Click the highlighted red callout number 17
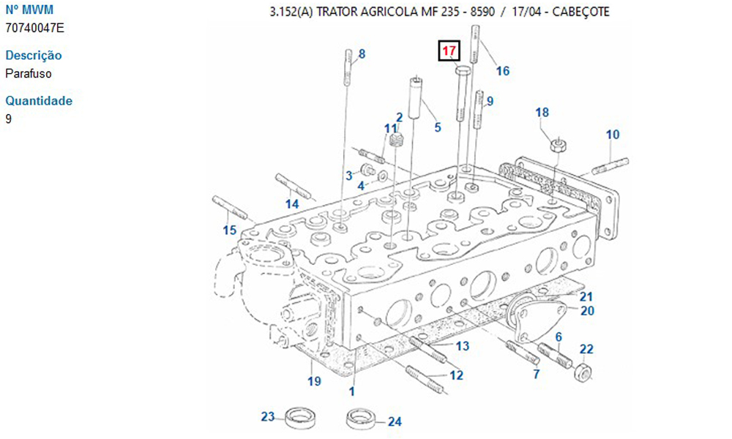click(449, 52)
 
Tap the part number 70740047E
click(34, 28)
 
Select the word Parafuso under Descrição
click(29, 73)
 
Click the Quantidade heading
click(39, 101)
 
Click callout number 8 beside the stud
click(362, 53)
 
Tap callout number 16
click(502, 71)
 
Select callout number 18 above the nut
click(542, 112)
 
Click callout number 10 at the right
click(613, 135)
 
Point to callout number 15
click(230, 230)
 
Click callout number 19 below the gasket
click(314, 380)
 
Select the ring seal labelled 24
click(362, 421)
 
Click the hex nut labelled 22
click(584, 372)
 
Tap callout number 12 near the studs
click(456, 375)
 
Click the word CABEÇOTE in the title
click(580, 12)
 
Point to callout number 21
click(586, 296)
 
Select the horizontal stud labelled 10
click(609, 165)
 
